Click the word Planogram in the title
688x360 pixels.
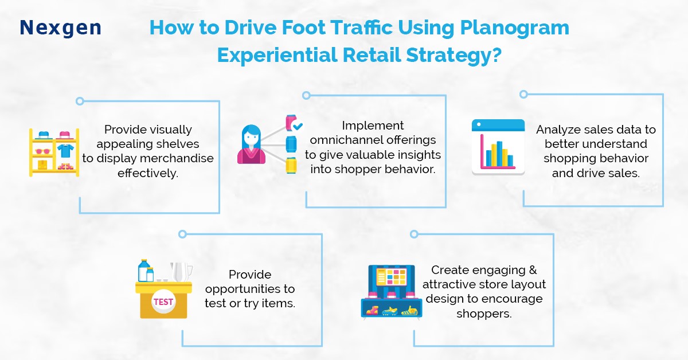[x=514, y=28]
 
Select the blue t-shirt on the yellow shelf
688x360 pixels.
[x=65, y=151]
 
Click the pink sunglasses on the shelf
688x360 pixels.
[x=42, y=151]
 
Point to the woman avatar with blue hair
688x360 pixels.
[x=251, y=144]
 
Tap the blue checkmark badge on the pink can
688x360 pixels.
[x=298, y=126]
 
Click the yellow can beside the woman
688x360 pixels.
[x=291, y=165]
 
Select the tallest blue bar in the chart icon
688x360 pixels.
[x=499, y=154]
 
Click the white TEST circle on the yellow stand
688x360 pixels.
[x=163, y=302]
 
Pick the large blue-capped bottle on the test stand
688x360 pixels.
[x=144, y=271]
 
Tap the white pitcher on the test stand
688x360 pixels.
[x=181, y=272]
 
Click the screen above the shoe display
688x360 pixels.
[x=392, y=276]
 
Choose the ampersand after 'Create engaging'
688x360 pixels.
[x=533, y=270]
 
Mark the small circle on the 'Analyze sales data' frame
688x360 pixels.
[x=523, y=95]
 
